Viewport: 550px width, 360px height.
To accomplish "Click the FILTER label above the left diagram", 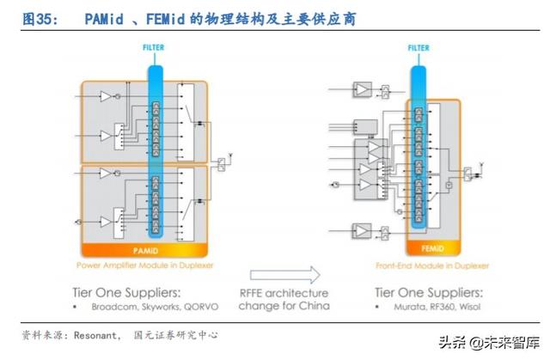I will click(x=154, y=47).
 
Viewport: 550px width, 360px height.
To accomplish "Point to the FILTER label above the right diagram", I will click(x=418, y=48).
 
